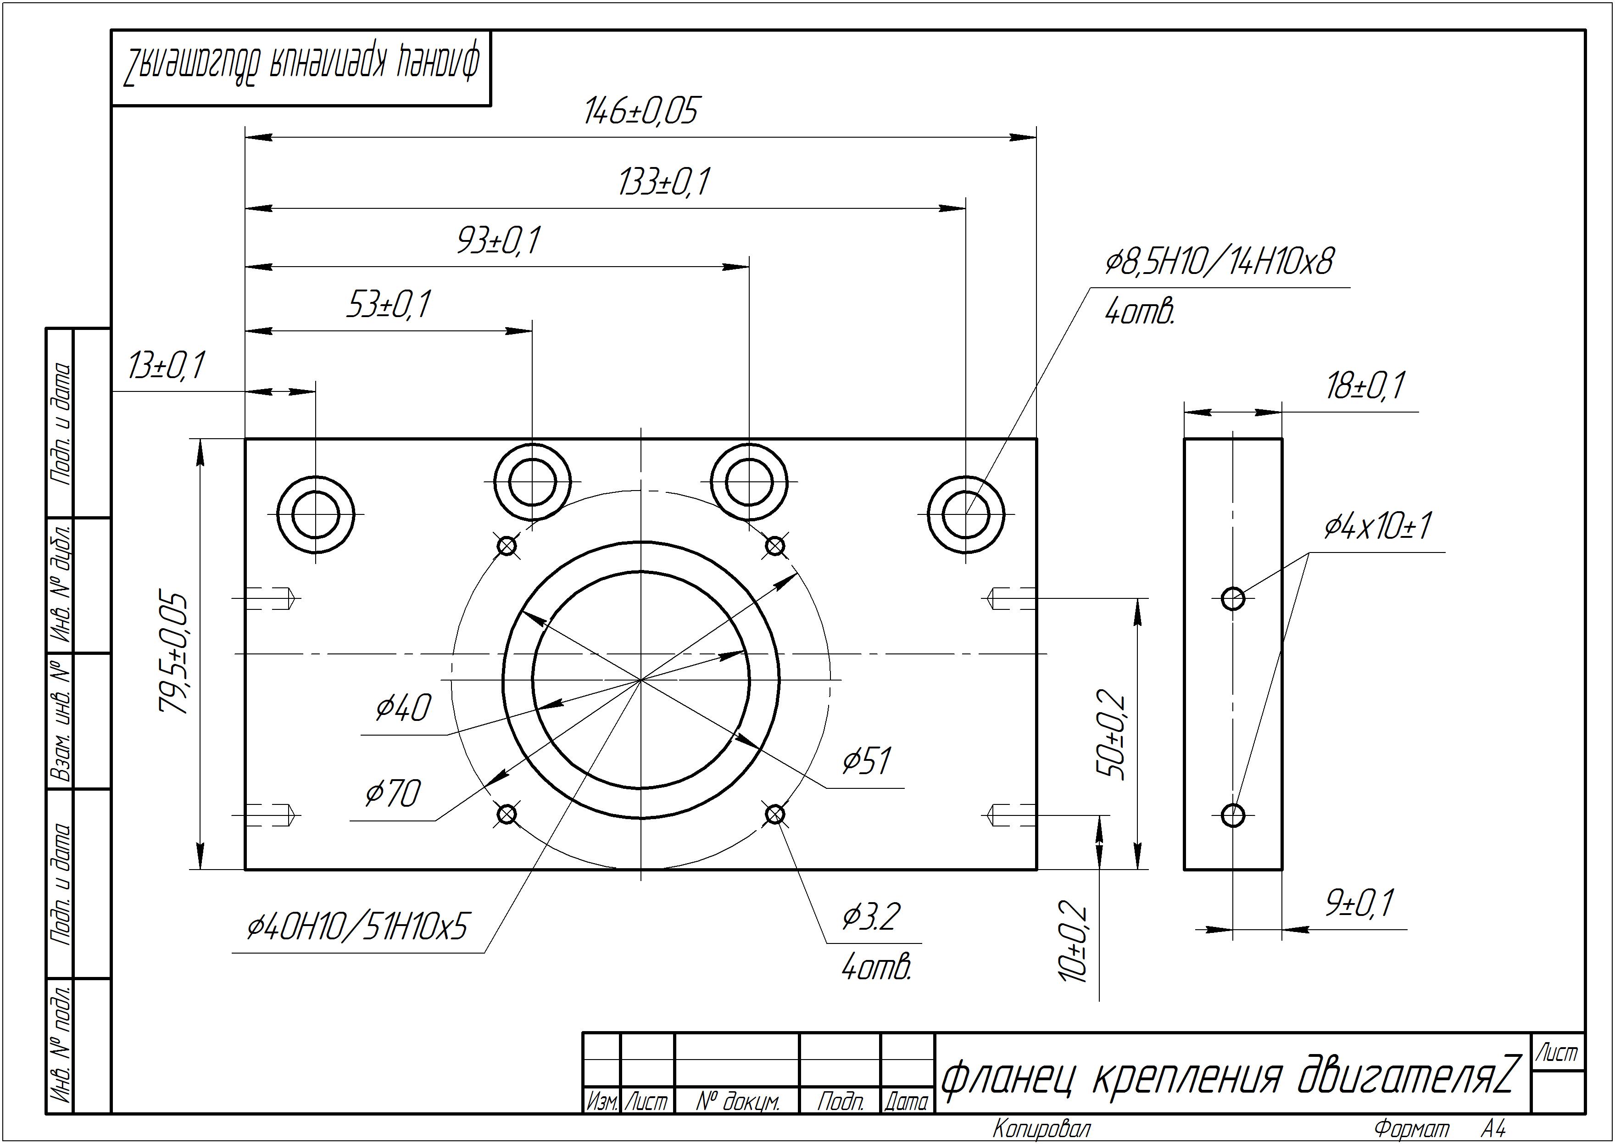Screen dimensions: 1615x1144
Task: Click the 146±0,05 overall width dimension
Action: tap(641, 112)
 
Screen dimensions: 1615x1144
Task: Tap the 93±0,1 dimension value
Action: tap(499, 241)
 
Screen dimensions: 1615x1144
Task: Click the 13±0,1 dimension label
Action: tap(166, 366)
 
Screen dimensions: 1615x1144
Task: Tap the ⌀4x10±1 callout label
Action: tap(1378, 526)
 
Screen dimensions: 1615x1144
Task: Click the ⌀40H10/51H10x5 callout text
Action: tap(357, 927)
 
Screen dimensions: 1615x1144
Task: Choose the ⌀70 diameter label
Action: tap(393, 794)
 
